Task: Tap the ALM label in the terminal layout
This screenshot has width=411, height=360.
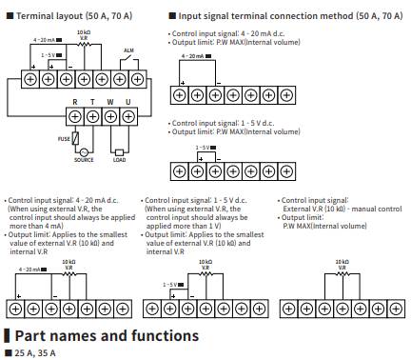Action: coord(129,57)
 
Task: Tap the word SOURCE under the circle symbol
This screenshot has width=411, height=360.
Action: coord(84,161)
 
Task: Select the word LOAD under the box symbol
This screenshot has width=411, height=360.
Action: coord(118,161)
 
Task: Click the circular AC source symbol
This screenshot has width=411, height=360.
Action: coord(84,150)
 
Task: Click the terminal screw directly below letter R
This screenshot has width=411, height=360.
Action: coord(75,114)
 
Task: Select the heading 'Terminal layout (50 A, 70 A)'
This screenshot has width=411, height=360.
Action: coord(76,16)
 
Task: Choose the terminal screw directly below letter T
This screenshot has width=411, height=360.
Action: coord(91,114)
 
